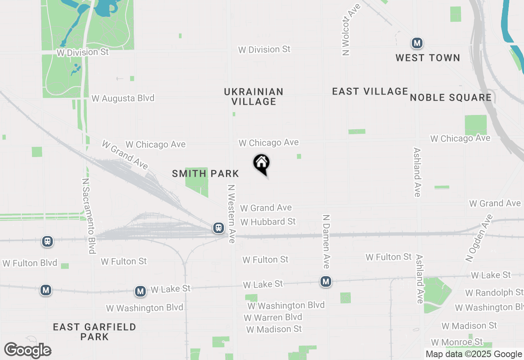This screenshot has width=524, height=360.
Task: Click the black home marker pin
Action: click(x=262, y=164)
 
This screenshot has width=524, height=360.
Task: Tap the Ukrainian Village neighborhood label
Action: click(x=254, y=97)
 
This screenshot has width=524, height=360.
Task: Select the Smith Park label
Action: click(x=206, y=174)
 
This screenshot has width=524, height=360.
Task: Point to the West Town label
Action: click(x=428, y=58)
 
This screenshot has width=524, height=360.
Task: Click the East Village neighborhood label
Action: click(x=370, y=91)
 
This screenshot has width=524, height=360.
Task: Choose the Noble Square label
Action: click(x=451, y=97)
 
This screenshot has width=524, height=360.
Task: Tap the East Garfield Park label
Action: click(x=95, y=332)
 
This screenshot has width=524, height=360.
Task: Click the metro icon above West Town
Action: click(x=417, y=43)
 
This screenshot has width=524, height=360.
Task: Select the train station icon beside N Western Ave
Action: click(x=219, y=228)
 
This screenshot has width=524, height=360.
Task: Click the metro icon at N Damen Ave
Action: click(x=326, y=281)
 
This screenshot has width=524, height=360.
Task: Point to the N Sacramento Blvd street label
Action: click(x=88, y=216)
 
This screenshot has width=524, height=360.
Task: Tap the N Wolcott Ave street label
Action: click(x=346, y=29)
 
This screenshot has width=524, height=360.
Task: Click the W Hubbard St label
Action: click(x=268, y=222)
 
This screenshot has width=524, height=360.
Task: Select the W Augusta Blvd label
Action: click(x=123, y=98)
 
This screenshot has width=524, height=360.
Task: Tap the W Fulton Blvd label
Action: click(x=30, y=263)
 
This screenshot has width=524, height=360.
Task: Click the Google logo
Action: click(x=28, y=351)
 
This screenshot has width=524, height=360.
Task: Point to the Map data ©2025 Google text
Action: click(x=474, y=354)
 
